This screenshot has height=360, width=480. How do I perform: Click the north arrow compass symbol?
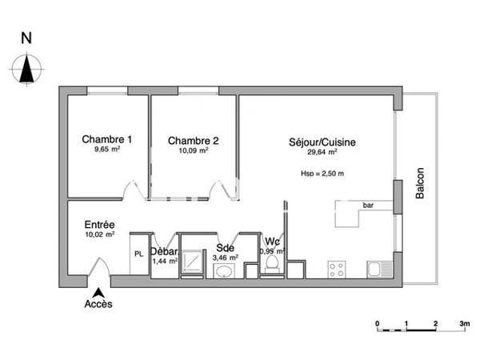pyautogui.click(x=27, y=67)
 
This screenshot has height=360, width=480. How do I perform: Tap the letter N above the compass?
pyautogui.click(x=27, y=38)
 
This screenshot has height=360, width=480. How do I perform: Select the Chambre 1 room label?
pyautogui.click(x=107, y=140)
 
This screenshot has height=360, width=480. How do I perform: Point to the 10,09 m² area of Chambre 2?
pyautogui.click(x=193, y=150)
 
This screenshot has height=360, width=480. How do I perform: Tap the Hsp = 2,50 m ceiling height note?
pyautogui.click(x=322, y=174)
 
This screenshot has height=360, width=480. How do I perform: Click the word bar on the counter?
pyautogui.click(x=369, y=206)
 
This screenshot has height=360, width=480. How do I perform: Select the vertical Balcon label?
pyautogui.click(x=421, y=183)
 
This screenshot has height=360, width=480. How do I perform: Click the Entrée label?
pyautogui.click(x=99, y=225)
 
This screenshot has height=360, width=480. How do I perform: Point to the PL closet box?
pyautogui.click(x=138, y=254)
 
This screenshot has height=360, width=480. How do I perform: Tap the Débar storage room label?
pyautogui.click(x=164, y=251)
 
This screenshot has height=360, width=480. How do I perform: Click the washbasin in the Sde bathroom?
pyautogui.click(x=224, y=272)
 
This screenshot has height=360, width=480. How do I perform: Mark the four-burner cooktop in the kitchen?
pyautogui.click(x=336, y=268)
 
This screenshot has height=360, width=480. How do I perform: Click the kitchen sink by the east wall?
pyautogui.click(x=375, y=269)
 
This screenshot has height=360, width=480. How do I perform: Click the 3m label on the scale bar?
pyautogui.click(x=463, y=323)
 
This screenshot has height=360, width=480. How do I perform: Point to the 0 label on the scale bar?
pyautogui.click(x=378, y=323)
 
